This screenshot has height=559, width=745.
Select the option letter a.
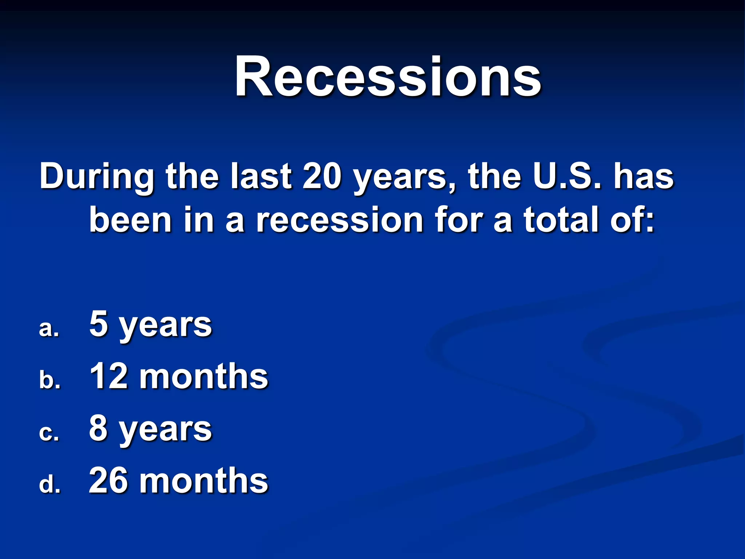(x=49, y=329)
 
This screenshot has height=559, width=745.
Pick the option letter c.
(x=49, y=433)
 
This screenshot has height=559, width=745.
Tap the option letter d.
(x=49, y=484)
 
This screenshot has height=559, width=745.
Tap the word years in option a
(x=166, y=326)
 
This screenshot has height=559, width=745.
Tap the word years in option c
(x=166, y=431)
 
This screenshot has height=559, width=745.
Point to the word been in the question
(x=130, y=220)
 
